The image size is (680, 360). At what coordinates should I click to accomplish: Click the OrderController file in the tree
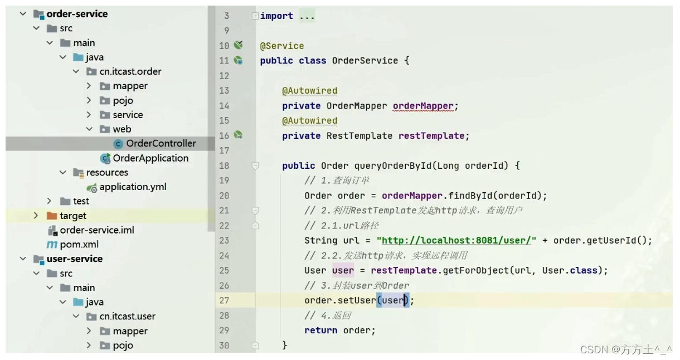(x=161, y=144)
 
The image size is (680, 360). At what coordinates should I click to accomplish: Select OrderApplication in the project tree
(x=150, y=158)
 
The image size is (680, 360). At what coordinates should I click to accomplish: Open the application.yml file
(x=133, y=187)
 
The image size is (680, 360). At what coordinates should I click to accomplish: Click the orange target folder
(x=73, y=216)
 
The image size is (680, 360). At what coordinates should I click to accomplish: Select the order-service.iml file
(x=96, y=230)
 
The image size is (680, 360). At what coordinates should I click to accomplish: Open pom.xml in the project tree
(x=80, y=245)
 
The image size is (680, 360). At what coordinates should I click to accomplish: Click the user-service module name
(x=74, y=259)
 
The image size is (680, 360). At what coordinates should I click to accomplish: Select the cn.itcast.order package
(x=130, y=72)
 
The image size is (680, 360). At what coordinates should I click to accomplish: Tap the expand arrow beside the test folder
(x=49, y=201)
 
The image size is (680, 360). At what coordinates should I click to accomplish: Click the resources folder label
(x=107, y=173)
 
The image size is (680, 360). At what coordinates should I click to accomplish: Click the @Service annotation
(x=282, y=46)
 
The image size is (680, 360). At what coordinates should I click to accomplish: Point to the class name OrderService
(x=365, y=61)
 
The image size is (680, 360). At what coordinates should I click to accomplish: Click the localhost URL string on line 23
(x=456, y=241)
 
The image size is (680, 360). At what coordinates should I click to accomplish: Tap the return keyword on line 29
(x=320, y=330)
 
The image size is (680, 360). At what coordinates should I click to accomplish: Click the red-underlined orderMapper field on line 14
(x=423, y=106)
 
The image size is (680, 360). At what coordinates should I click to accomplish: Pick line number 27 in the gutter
(x=224, y=300)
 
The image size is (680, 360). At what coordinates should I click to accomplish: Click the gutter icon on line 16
(x=239, y=135)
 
